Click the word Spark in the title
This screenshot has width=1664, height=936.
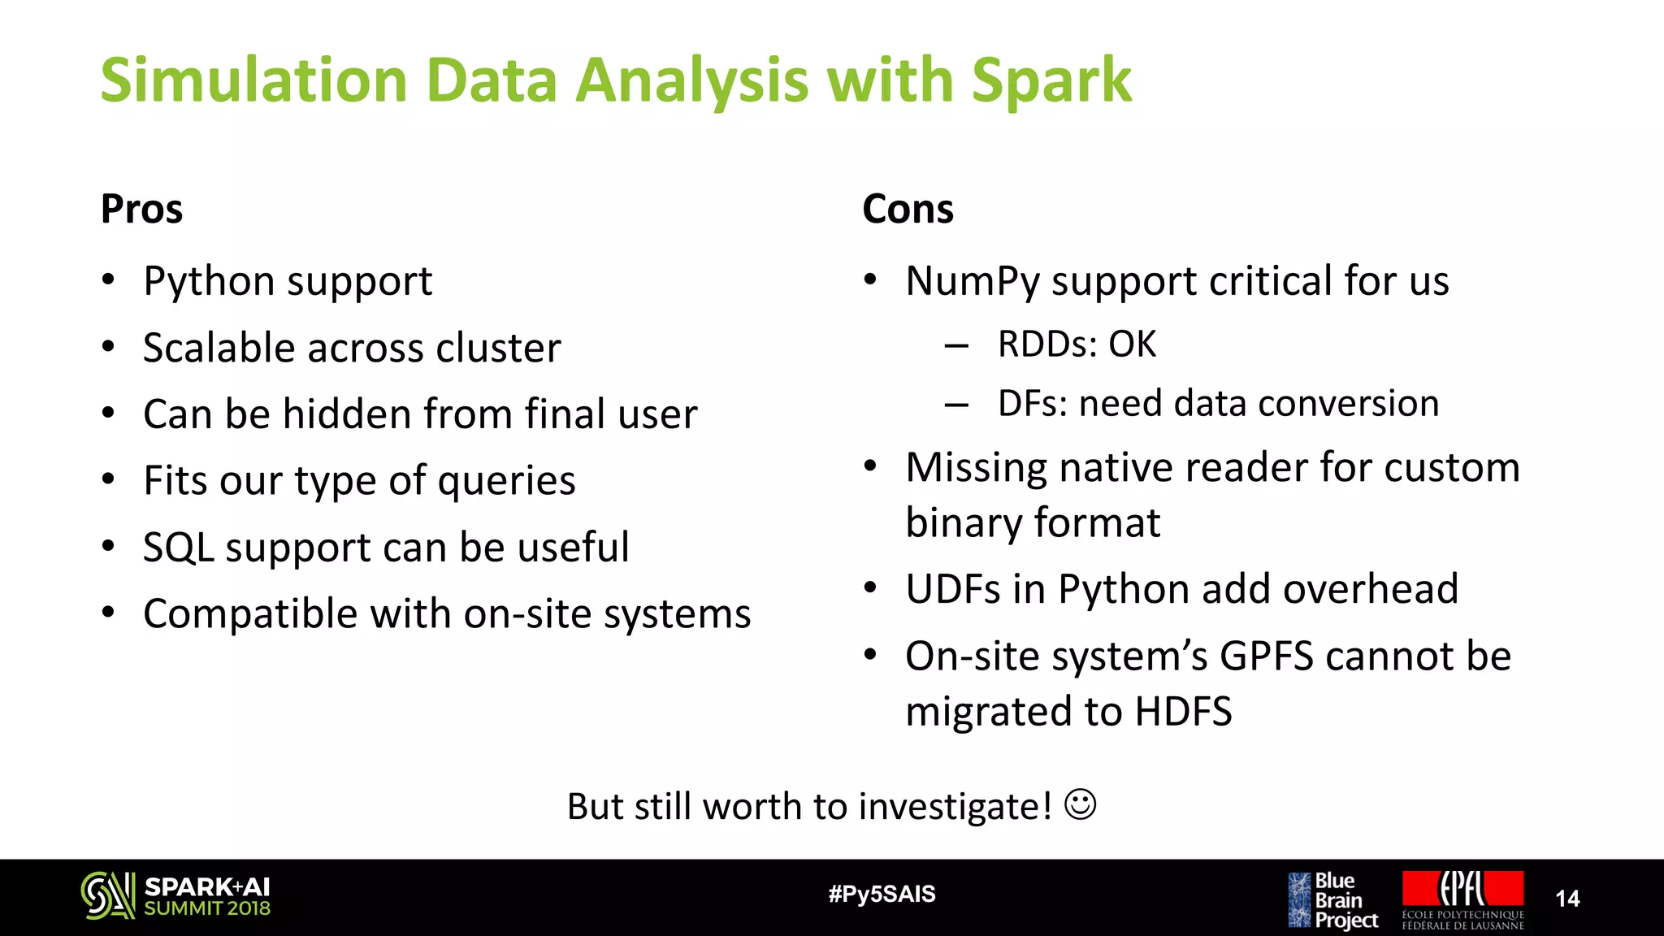pos(1051,81)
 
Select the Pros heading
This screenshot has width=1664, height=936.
pos(141,209)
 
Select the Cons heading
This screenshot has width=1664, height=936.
pos(908,209)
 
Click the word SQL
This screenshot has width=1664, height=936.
pos(178,547)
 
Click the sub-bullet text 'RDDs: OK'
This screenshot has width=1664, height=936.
pos(1076,344)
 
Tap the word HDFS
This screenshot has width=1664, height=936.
pos(1183,711)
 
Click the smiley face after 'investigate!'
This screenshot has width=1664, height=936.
pos(1080,804)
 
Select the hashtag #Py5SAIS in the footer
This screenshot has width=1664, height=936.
pos(882,894)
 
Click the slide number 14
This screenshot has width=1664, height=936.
pos(1566,898)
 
